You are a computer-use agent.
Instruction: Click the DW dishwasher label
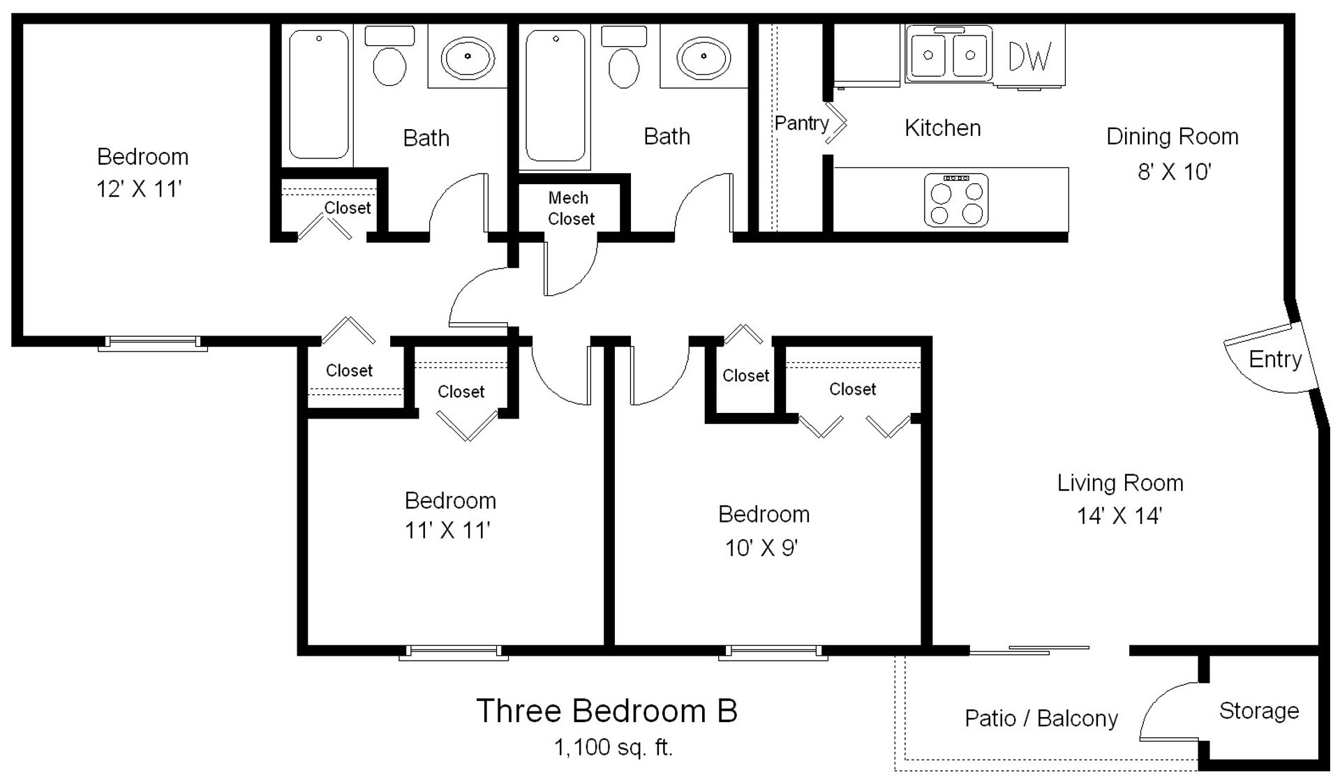tap(1029, 56)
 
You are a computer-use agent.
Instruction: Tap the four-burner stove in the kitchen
tap(956, 200)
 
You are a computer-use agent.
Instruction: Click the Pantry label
tap(802, 124)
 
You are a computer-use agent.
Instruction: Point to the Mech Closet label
tap(571, 209)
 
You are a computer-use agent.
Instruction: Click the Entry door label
tap(1275, 359)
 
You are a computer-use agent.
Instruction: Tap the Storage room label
tap(1259, 711)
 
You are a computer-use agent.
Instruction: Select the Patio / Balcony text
tap(1041, 719)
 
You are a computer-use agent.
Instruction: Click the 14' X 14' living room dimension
tap(1119, 516)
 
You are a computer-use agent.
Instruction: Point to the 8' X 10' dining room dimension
tap(1175, 172)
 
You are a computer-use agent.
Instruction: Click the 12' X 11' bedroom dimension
tap(139, 189)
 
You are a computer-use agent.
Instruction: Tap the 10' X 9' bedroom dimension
tap(761, 548)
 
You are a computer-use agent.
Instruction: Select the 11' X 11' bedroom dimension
tap(447, 531)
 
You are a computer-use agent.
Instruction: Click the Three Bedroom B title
tap(606, 711)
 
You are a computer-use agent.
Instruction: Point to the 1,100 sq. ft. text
tap(613, 748)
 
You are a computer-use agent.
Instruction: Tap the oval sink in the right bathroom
tap(703, 56)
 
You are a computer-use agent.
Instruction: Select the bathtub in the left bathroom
tap(319, 94)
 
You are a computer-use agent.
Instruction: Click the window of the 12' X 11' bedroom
tap(152, 343)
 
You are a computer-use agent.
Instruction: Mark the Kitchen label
tap(943, 128)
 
